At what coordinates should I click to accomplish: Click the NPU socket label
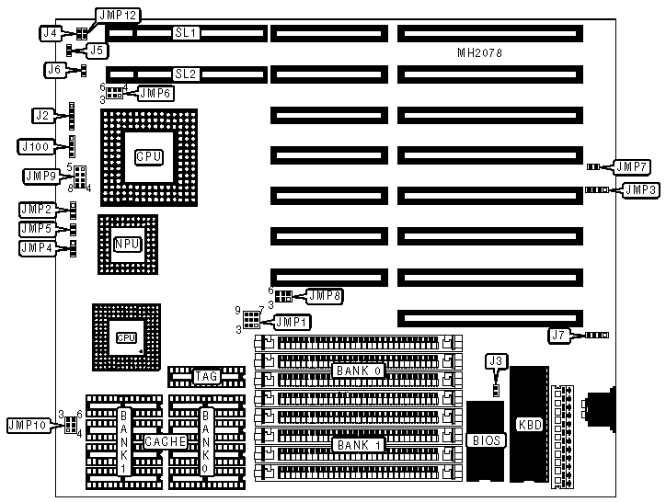pyautogui.click(x=127, y=244)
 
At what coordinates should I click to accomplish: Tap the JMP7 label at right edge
pyautogui.click(x=633, y=166)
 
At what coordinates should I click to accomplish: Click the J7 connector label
pyautogui.click(x=558, y=336)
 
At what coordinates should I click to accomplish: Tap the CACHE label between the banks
pyautogui.click(x=167, y=442)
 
